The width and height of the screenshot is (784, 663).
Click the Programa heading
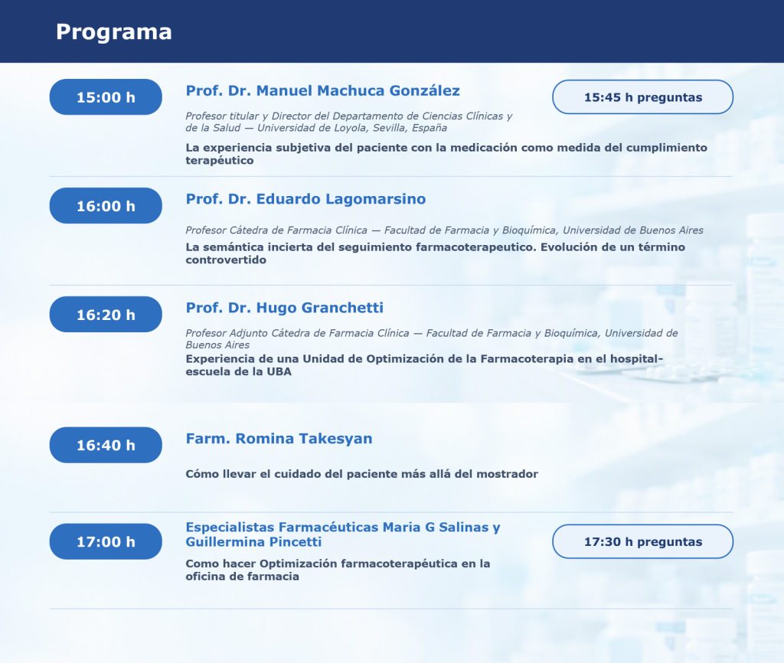114,32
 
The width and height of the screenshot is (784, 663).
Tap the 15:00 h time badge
106,97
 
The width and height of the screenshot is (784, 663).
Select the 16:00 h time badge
106,205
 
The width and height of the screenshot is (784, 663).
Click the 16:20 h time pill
106,315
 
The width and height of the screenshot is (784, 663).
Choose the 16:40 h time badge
106,445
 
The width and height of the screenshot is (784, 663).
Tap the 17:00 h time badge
106,541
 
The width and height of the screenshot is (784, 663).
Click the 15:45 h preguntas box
642,97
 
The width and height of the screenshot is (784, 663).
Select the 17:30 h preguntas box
642,541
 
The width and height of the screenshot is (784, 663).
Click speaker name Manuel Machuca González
358,90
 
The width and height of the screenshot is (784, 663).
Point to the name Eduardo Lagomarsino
341,199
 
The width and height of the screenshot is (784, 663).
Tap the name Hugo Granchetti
320,308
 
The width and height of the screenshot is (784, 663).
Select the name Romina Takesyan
304,439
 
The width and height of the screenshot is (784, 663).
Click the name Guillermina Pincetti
253,542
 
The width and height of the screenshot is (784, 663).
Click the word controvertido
226,260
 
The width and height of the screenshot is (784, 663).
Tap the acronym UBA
279,371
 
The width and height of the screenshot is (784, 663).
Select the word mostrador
507,474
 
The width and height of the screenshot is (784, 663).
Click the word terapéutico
220,161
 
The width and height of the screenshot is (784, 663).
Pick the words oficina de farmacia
243,576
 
